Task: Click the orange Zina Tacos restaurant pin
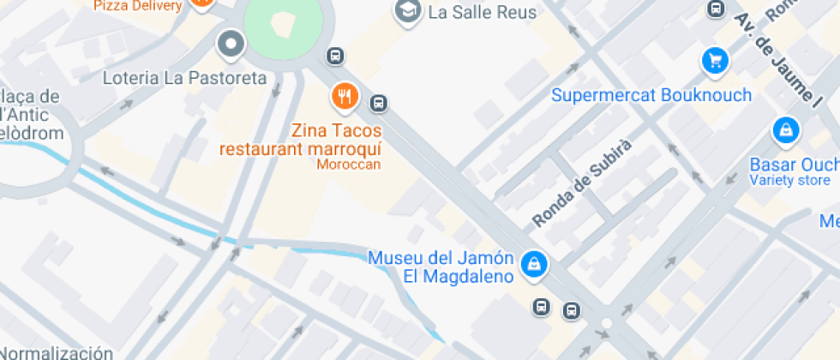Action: pyautogui.click(x=345, y=96)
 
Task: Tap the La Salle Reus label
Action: pyautogui.click(x=482, y=12)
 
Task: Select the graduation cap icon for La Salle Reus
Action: pyautogui.click(x=407, y=10)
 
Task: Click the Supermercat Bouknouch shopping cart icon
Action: pyautogui.click(x=714, y=60)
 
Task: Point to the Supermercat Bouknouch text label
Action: pyautogui.click(x=651, y=94)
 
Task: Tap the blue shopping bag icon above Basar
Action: pyautogui.click(x=784, y=130)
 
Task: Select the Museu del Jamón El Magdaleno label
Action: pyautogui.click(x=441, y=267)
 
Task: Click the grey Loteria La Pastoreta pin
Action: pyautogui.click(x=231, y=45)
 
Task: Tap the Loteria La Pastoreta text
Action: pyautogui.click(x=184, y=78)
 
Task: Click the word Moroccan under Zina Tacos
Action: pyautogui.click(x=348, y=165)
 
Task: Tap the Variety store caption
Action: pyautogui.click(x=789, y=180)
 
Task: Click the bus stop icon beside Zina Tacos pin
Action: pyautogui.click(x=378, y=104)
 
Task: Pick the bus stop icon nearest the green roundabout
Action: pyautogui.click(x=336, y=57)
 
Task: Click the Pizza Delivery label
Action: pyautogui.click(x=137, y=6)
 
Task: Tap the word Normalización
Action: pyautogui.click(x=57, y=352)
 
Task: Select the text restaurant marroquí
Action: pyautogui.click(x=300, y=149)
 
